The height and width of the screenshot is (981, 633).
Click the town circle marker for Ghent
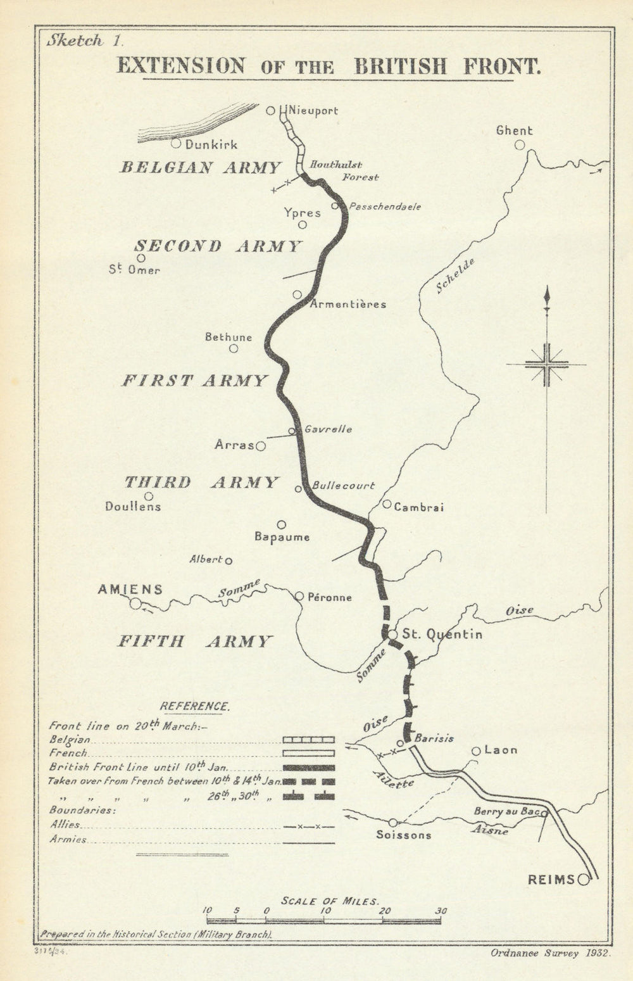click(x=520, y=145)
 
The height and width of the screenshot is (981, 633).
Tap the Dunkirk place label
click(x=211, y=144)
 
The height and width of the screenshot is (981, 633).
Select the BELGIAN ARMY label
click(x=201, y=167)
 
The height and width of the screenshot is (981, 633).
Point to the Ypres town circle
click(x=303, y=225)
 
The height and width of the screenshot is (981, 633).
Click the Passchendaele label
click(x=384, y=206)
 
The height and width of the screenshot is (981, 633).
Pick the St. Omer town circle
click(x=141, y=258)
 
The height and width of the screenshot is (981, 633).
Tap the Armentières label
click(x=348, y=304)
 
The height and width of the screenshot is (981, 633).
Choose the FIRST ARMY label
click(x=194, y=381)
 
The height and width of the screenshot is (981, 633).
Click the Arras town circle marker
click(x=260, y=446)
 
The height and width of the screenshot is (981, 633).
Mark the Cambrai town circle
click(x=387, y=504)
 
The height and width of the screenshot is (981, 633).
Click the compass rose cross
click(x=546, y=364)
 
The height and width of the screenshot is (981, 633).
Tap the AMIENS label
click(x=130, y=590)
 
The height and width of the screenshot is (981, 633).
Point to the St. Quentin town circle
click(x=392, y=634)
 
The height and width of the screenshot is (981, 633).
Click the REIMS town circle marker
click(x=583, y=879)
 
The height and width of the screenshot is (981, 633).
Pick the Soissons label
click(x=404, y=835)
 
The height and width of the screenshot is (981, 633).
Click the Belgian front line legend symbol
click(x=308, y=739)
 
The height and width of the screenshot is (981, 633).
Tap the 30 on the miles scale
click(x=441, y=911)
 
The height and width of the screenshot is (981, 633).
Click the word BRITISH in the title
click(x=400, y=66)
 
